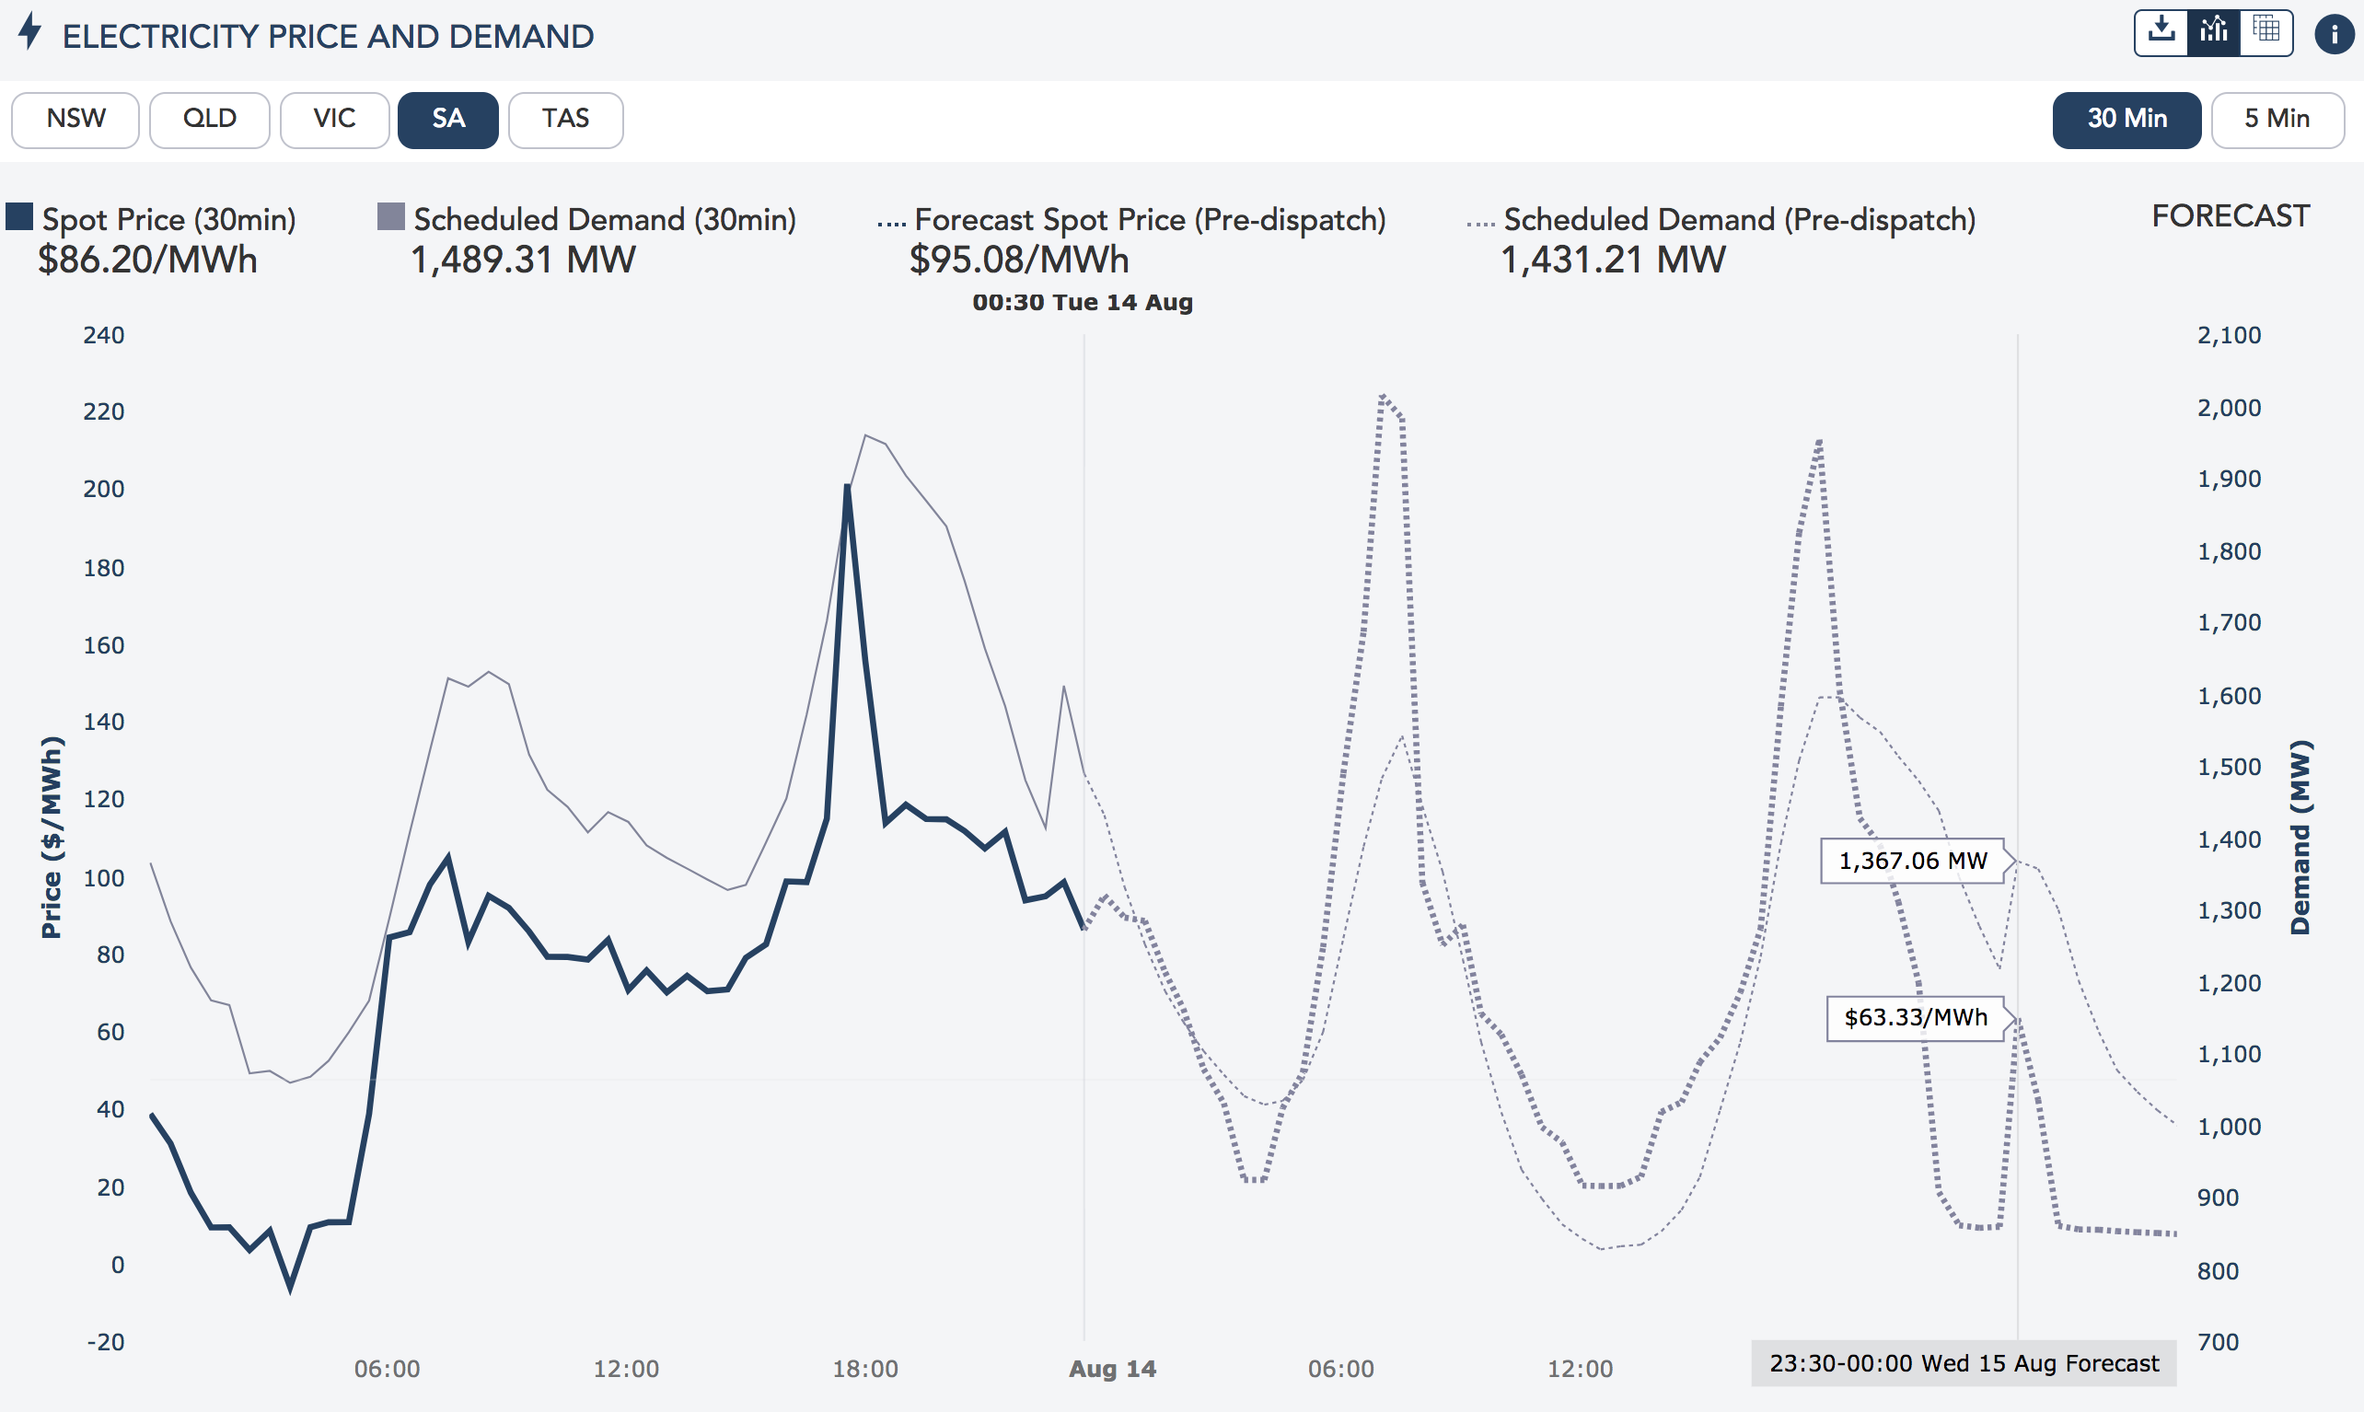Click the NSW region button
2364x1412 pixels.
tap(75, 120)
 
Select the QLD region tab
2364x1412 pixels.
tap(209, 120)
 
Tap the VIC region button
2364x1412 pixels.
tap(334, 120)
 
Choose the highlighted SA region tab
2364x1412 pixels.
tap(448, 120)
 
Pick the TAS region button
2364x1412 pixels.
tap(565, 120)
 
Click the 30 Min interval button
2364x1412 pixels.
tap(2126, 120)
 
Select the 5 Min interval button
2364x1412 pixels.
tap(2277, 120)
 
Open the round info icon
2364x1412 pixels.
tap(2334, 34)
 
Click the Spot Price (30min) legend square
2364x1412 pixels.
tap(19, 217)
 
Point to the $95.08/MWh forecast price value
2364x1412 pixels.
tap(1019, 260)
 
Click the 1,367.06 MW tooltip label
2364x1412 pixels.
tap(1912, 861)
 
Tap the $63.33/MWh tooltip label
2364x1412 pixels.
tap(1915, 1018)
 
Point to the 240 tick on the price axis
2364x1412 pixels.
tap(104, 335)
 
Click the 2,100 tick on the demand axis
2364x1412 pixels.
tap(2228, 335)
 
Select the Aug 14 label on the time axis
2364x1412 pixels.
tap(1112, 1369)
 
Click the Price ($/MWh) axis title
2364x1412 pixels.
tap(52, 838)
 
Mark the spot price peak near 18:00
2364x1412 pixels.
tap(847, 487)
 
